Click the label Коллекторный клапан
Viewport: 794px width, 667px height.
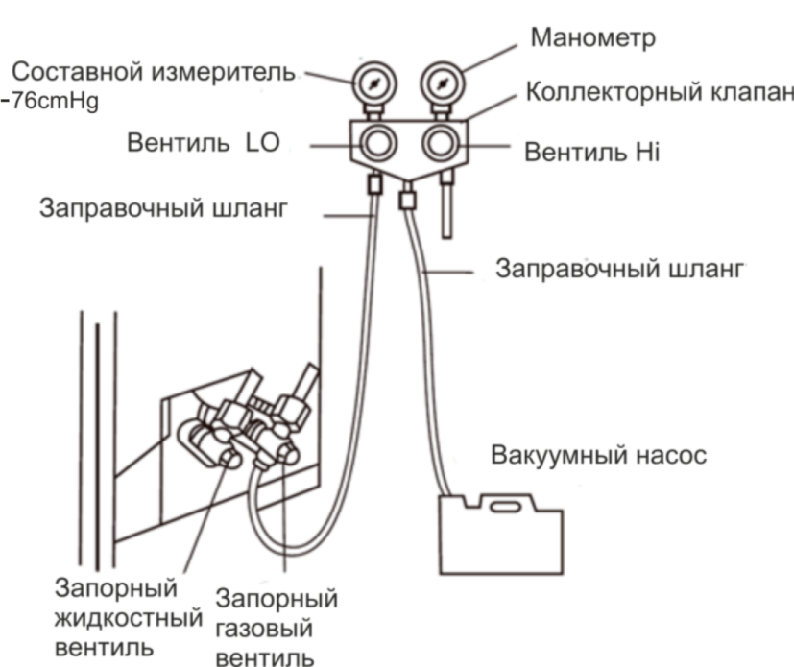(x=661, y=92)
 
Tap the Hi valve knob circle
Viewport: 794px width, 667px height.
(x=442, y=145)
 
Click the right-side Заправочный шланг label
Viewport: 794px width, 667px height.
(x=620, y=268)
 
